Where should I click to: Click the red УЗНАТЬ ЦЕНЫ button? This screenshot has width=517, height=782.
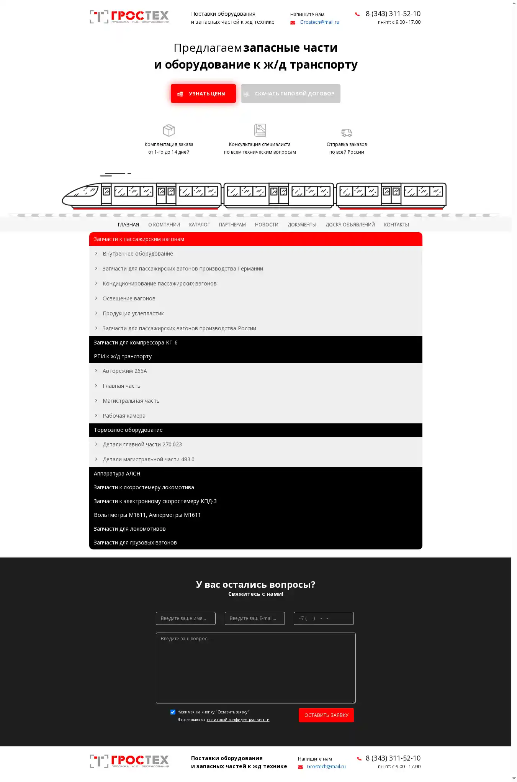(x=203, y=93)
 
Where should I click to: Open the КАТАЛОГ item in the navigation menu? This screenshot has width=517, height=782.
(x=199, y=225)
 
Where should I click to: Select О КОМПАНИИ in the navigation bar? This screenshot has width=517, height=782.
(x=164, y=225)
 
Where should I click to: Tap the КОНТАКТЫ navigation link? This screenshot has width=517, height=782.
(x=396, y=225)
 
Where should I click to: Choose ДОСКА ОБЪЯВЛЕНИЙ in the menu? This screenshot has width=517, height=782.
(x=350, y=225)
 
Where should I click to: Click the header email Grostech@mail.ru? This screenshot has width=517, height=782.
(x=319, y=22)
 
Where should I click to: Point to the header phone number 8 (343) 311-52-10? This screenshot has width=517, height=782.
(x=393, y=14)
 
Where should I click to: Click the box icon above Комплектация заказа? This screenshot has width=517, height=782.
(x=169, y=130)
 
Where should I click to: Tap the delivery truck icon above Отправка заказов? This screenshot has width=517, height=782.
(x=347, y=133)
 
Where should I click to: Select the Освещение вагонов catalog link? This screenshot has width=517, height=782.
(x=129, y=298)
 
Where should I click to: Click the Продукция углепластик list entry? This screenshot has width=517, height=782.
(x=133, y=313)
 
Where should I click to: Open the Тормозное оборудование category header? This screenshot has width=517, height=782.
(x=128, y=430)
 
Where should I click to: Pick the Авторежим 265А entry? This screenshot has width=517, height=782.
(x=125, y=371)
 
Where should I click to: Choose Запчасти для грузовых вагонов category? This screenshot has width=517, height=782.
(x=135, y=543)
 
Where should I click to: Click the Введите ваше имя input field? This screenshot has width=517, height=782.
(x=186, y=618)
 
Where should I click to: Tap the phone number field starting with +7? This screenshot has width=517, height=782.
(x=324, y=618)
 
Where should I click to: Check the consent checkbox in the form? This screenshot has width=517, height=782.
(x=173, y=712)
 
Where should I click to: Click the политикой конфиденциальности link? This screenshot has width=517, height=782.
(x=238, y=720)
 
